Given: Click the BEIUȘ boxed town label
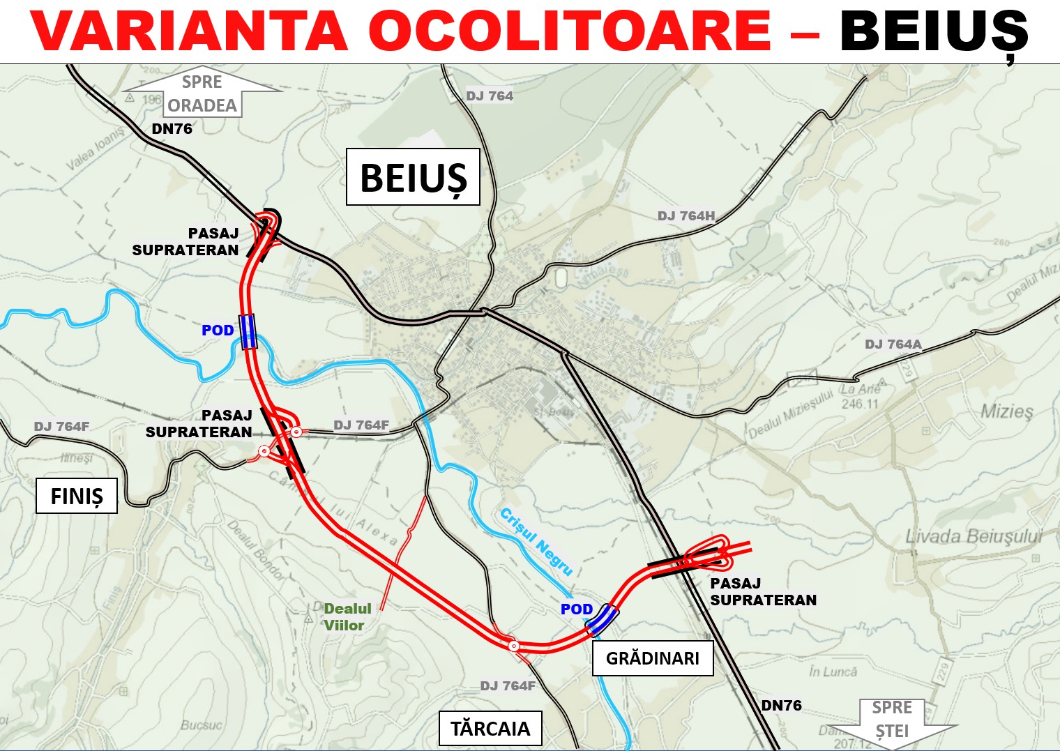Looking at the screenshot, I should [413, 177].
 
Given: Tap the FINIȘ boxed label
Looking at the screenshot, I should [77, 496].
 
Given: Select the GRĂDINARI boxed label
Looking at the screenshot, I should [653, 658].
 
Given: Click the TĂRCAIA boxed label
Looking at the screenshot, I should [490, 729].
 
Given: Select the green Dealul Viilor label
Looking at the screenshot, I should [347, 616].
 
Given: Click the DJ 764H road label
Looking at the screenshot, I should [686, 216].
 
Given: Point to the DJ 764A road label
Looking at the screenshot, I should [893, 344].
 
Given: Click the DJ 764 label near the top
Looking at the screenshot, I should [490, 96].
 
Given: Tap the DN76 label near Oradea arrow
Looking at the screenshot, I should [172, 129].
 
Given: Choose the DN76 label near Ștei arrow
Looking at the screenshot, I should [781, 706].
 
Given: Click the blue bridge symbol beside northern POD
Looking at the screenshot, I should [248, 331].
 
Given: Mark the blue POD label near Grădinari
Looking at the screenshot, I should [577, 609].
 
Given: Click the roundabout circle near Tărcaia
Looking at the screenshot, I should [514, 646].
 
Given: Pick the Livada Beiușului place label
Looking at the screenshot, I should [974, 536].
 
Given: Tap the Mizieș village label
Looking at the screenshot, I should [1007, 411].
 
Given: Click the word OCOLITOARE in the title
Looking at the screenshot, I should [569, 31].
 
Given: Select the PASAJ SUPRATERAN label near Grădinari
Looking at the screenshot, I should [763, 591].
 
